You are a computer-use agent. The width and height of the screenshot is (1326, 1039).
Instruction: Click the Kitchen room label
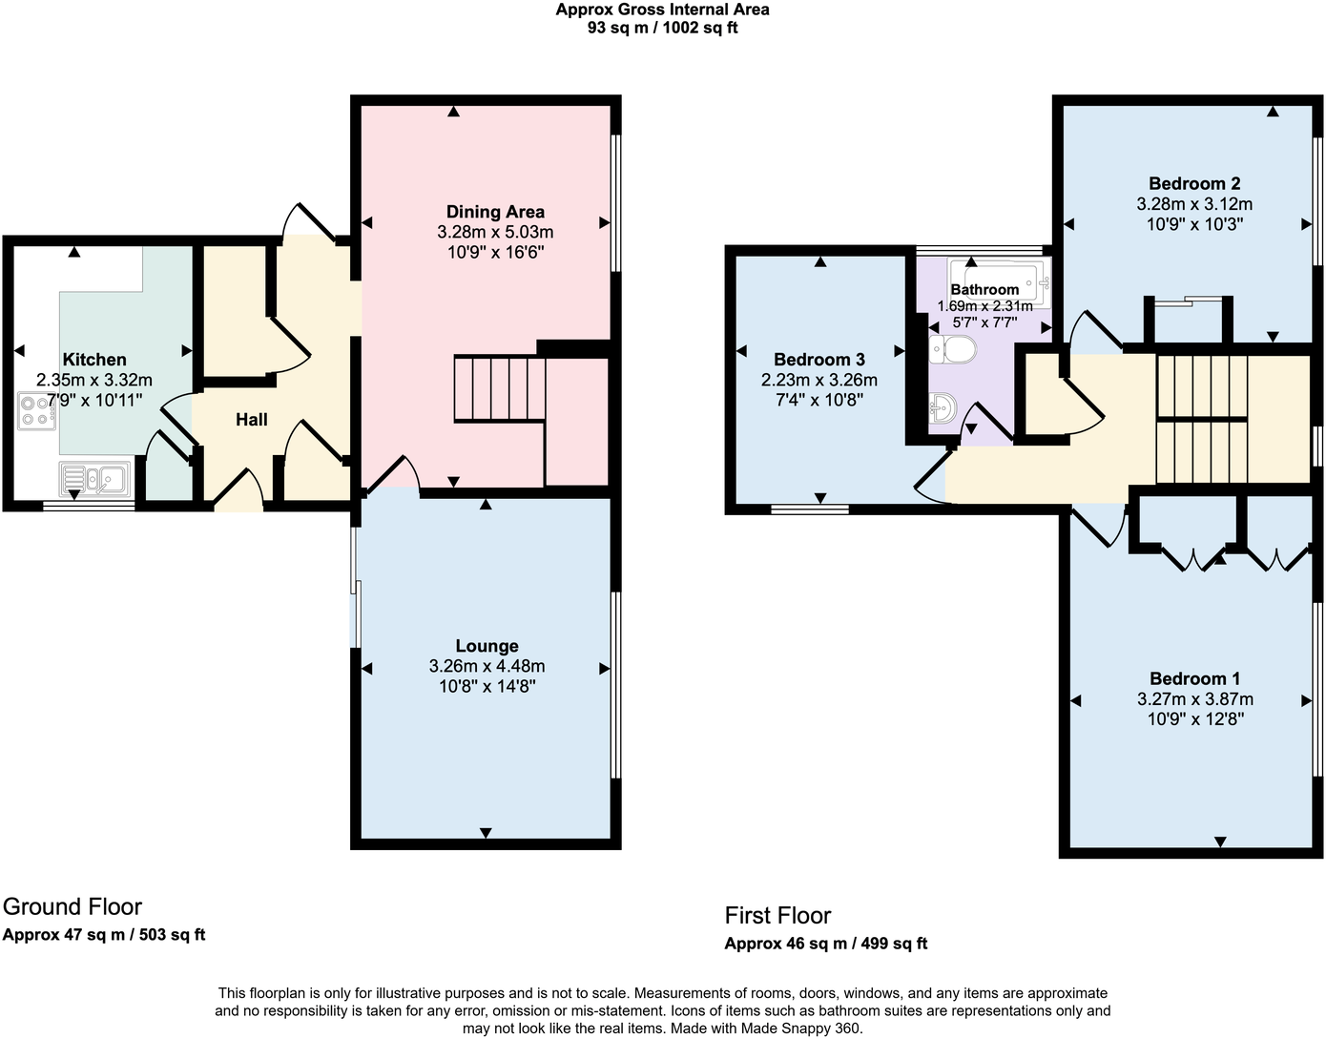click(x=94, y=360)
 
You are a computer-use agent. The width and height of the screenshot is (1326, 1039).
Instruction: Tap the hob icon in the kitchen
click(x=37, y=410)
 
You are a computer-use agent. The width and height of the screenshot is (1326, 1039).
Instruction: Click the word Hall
click(x=252, y=420)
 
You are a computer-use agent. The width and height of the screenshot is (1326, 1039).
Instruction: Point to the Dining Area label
click(x=495, y=212)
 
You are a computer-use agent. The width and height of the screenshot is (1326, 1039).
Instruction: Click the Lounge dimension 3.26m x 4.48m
click(x=487, y=666)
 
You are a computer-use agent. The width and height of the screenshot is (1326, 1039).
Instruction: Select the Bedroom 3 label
click(x=818, y=360)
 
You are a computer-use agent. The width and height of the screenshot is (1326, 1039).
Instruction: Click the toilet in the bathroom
click(x=952, y=349)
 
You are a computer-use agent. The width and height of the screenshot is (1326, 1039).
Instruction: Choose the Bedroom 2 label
click(x=1194, y=183)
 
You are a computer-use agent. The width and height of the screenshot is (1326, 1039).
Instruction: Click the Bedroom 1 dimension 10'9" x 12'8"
click(x=1195, y=719)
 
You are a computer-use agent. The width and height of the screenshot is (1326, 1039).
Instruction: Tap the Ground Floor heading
click(x=73, y=907)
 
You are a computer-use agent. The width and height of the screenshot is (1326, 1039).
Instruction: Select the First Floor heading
click(x=777, y=916)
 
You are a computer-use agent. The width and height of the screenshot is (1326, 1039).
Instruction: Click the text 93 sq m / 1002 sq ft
click(x=662, y=28)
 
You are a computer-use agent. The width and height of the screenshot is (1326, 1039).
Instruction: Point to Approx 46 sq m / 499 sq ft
click(x=825, y=944)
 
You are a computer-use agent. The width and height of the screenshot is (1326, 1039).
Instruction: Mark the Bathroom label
click(x=984, y=289)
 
